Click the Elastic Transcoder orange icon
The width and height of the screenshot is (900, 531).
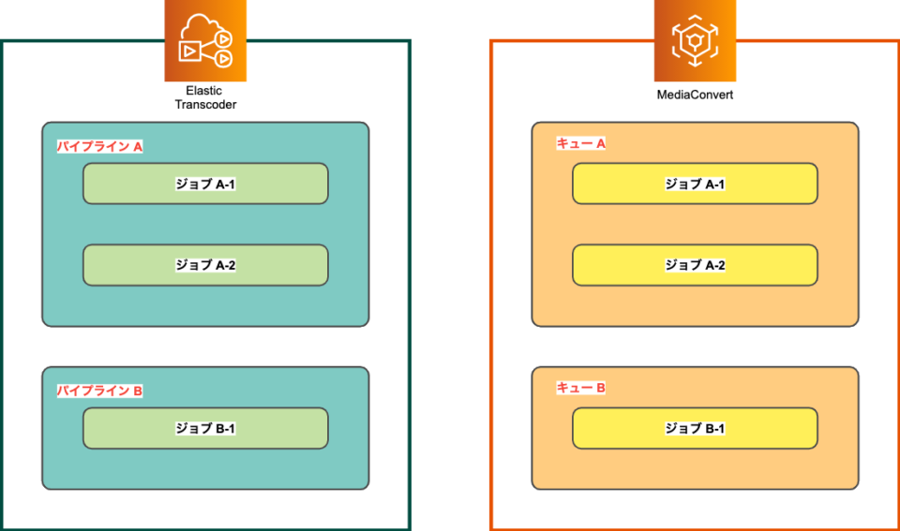tap(205, 41)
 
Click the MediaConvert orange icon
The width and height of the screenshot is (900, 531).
tap(695, 41)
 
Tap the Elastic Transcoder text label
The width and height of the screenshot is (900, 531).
tap(205, 97)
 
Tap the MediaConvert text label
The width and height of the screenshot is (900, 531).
tap(695, 96)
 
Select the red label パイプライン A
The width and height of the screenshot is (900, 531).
tap(99, 147)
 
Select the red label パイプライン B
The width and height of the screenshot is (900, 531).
tap(99, 391)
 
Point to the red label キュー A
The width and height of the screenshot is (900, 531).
tap(580, 143)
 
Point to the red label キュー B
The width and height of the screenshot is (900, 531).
tap(580, 388)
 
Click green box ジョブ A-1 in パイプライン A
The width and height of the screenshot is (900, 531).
tap(205, 184)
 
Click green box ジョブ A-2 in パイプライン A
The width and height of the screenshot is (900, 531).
tap(205, 265)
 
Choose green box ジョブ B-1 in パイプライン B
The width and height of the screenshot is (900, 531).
tap(205, 428)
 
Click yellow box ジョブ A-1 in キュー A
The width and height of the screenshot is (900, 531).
tap(695, 184)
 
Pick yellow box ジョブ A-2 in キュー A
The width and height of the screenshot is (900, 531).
tap(695, 265)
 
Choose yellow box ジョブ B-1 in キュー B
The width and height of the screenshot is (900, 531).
tap(695, 428)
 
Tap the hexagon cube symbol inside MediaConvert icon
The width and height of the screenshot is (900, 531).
tap(695, 41)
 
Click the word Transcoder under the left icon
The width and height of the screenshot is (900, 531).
tap(205, 105)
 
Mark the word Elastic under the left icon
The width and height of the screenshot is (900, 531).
tap(204, 91)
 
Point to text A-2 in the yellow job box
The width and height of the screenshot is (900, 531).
tap(714, 265)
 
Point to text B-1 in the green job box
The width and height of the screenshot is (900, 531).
tap(225, 428)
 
